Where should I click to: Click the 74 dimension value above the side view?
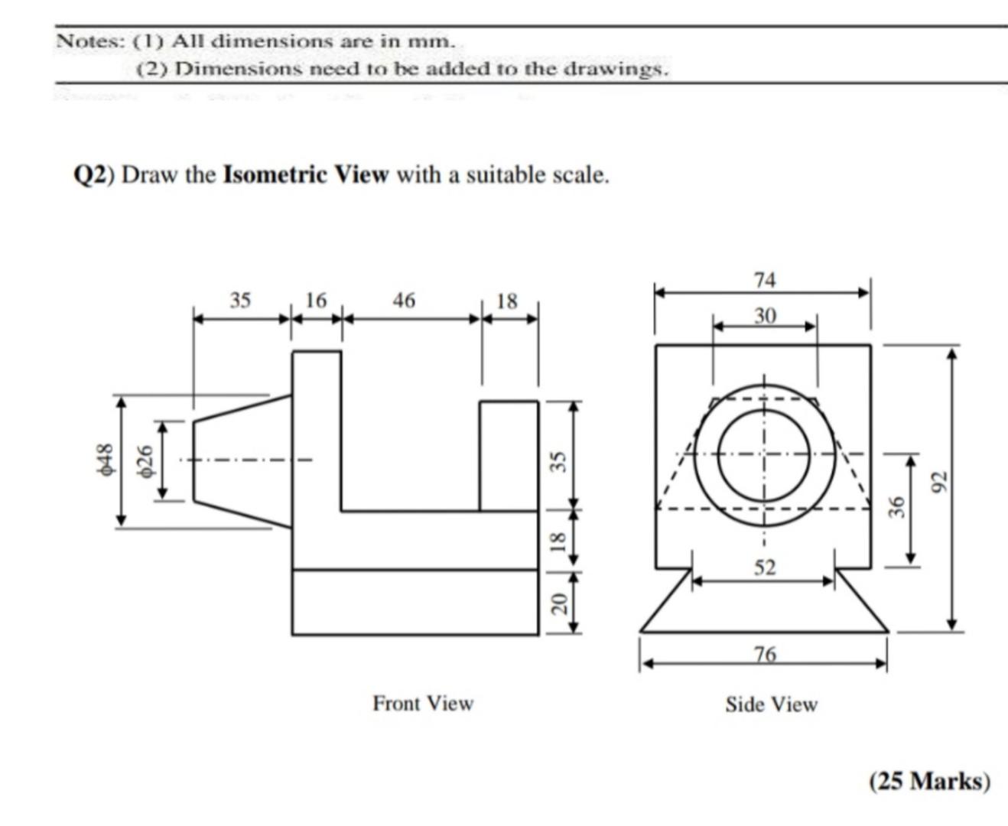coord(764,280)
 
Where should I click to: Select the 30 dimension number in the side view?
coord(764,315)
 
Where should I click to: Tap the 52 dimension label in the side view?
coord(764,567)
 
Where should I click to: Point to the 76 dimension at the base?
coord(764,654)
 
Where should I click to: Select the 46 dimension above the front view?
coord(404,301)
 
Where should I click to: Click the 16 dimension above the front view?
coord(315,301)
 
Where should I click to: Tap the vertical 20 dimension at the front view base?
coord(559,603)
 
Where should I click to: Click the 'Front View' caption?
coord(422,703)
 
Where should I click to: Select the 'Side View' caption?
coord(771,704)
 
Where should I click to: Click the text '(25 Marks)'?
coord(928,781)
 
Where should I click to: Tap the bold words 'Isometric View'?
coord(305,175)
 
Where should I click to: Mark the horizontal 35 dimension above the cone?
coord(240,301)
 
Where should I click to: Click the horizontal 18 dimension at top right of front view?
coord(507,301)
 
